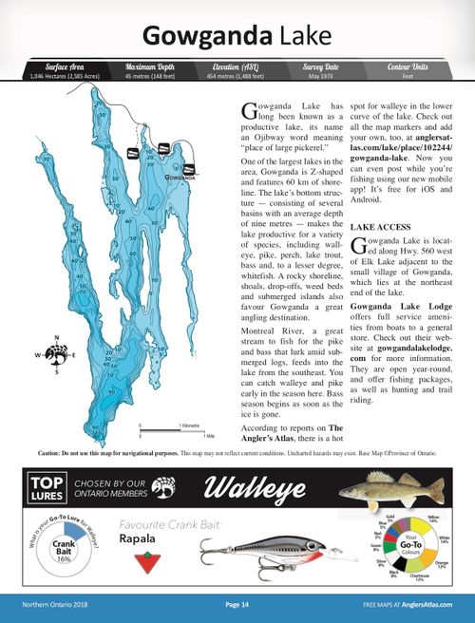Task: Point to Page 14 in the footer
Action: tap(237, 604)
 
